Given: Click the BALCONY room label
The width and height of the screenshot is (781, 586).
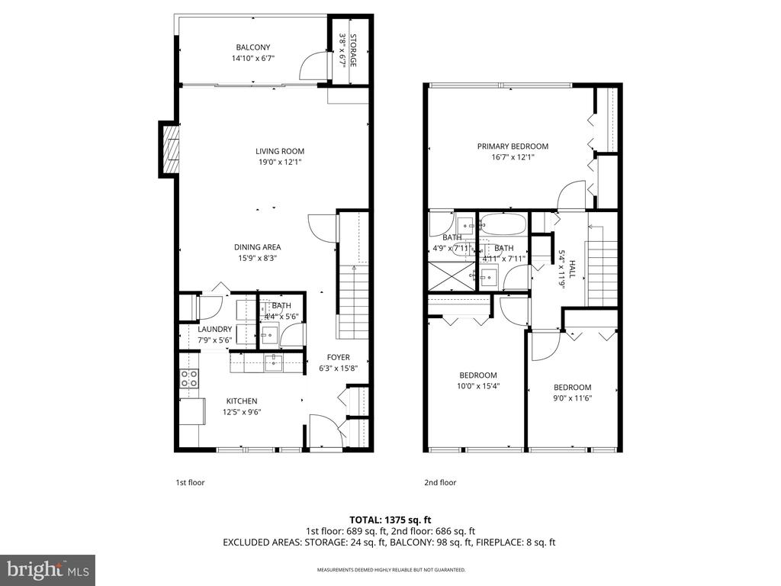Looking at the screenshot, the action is [253, 47].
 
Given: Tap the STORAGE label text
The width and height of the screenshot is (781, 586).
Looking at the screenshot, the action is [353, 50].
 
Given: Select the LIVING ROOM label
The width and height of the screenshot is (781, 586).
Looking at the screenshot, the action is [280, 151].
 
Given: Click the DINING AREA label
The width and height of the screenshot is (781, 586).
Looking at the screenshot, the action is [258, 247].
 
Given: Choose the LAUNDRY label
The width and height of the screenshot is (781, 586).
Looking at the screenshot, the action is [214, 330].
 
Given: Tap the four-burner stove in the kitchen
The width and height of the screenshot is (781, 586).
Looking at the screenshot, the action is [189, 378].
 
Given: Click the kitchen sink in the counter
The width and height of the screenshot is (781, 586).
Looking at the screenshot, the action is [274, 362].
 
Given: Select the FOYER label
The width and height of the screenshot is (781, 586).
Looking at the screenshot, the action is [338, 357].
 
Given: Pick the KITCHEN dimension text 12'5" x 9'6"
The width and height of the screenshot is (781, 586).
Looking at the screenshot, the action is [242, 412].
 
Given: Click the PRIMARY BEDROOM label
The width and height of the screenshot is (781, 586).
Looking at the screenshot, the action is [513, 146].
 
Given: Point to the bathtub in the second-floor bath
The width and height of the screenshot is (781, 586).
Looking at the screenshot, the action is [503, 224].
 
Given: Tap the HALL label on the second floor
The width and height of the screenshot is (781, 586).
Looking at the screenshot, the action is [572, 269].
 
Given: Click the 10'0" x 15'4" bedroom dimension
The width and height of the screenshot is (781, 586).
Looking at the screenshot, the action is [478, 385].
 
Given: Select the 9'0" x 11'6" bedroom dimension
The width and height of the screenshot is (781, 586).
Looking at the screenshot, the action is [573, 398].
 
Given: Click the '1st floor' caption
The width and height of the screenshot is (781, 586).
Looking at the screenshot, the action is [190, 482].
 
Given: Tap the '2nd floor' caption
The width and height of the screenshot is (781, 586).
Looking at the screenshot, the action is [440, 482].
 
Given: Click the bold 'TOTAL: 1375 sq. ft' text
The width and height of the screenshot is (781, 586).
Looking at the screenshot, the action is [390, 520].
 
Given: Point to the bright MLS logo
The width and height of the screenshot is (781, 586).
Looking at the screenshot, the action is [48, 569].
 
